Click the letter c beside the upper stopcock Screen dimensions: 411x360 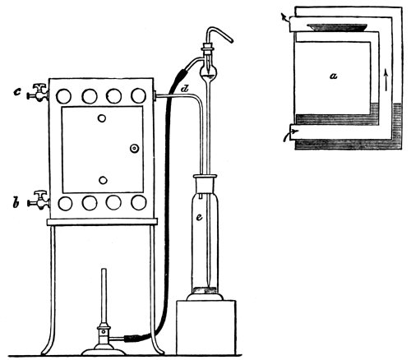pyautogui.click(x=17, y=92)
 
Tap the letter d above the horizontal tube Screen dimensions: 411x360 pyautogui.click(x=185, y=89)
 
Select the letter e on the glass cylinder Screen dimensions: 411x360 pyautogui.click(x=199, y=217)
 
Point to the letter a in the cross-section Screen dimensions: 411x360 pyautogui.click(x=333, y=76)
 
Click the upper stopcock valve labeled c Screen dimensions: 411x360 pyautogui.click(x=38, y=93)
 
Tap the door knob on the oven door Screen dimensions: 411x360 pyautogui.click(x=134, y=148)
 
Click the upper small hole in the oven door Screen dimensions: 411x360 pyautogui.click(x=102, y=118)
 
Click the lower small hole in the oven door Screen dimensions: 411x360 pyautogui.click(x=103, y=180)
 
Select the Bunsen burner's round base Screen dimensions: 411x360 pyautogui.click(x=104, y=350)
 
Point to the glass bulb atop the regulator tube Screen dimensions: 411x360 pyautogui.click(x=209, y=72)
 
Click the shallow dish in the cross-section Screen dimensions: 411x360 pyautogui.click(x=337, y=27)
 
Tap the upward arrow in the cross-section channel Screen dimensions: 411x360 pyautogui.click(x=386, y=81)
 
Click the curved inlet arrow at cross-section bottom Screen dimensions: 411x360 pyautogui.click(x=290, y=135)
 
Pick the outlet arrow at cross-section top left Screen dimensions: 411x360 pyautogui.click(x=285, y=19)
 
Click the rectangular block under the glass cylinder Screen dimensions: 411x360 pyautogui.click(x=206, y=327)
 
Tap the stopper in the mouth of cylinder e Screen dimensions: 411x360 pyautogui.click(x=205, y=186)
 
